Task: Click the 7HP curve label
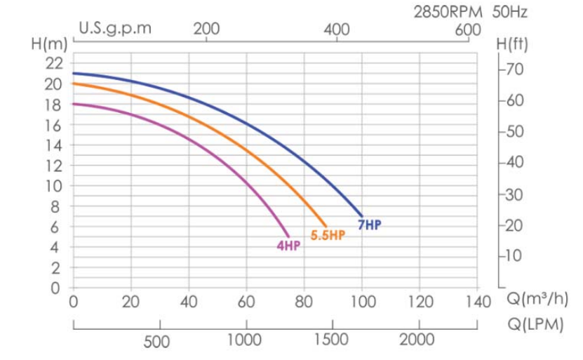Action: (x=370, y=225)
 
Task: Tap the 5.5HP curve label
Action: (x=328, y=235)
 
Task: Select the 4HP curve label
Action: (x=288, y=246)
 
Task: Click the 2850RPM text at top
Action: (x=446, y=12)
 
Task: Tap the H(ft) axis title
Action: (x=511, y=44)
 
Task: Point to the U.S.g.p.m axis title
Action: (x=115, y=29)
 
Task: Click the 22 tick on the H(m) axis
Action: (x=55, y=63)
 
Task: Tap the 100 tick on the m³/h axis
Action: (x=362, y=302)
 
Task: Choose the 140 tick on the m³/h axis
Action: (x=477, y=302)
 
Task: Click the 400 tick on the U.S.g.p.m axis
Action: (x=337, y=29)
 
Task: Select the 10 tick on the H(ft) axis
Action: (x=515, y=255)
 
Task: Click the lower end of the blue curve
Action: (x=362, y=216)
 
